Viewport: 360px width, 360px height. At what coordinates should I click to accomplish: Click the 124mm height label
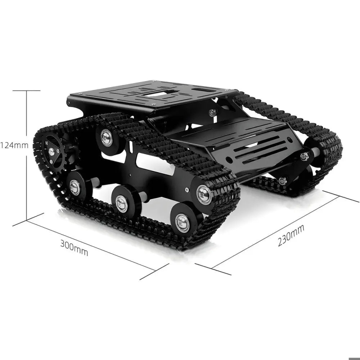tap(14, 145)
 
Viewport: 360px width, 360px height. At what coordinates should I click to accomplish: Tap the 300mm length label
tap(74, 248)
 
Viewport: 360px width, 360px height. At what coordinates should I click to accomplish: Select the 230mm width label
tap(291, 235)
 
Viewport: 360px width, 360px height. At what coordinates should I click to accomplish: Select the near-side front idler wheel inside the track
tap(204, 194)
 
